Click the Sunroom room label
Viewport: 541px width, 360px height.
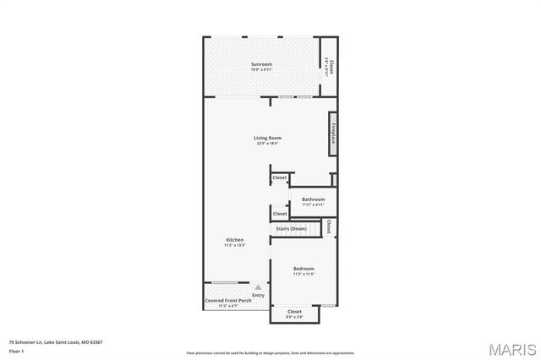[x=261, y=64]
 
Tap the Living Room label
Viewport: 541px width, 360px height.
[x=267, y=138]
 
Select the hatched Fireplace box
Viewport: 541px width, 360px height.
[x=332, y=134]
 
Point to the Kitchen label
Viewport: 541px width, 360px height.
[x=234, y=240]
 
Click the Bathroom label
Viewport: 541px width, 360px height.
[x=313, y=199]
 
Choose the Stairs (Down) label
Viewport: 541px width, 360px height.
[x=291, y=229]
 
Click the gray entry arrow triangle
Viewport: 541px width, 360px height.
[x=259, y=287]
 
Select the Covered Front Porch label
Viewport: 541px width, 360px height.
[x=228, y=300]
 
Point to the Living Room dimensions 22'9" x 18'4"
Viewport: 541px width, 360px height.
[x=267, y=144]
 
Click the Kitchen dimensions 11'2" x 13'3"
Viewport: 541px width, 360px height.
[x=234, y=246]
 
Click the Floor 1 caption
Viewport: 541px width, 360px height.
[x=16, y=350]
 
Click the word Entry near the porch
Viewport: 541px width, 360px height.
[x=258, y=295]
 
